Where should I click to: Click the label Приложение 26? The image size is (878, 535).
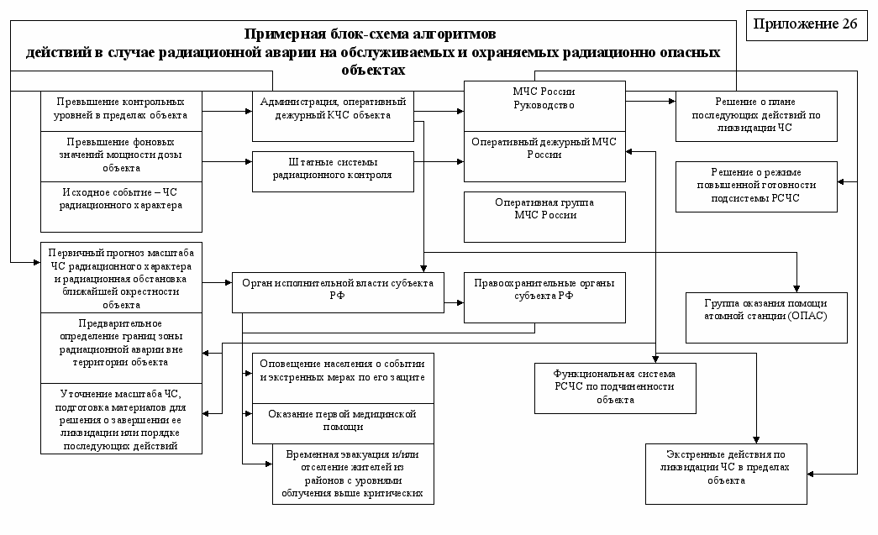pos(806,24)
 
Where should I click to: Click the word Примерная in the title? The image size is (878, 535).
pos(281,35)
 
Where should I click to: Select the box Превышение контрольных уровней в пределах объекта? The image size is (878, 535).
pos(122,109)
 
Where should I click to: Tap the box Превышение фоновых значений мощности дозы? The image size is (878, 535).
pos(122,155)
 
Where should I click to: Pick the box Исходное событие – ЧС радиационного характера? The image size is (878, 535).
pos(122,205)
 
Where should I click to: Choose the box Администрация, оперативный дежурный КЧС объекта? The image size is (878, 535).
pos(334,110)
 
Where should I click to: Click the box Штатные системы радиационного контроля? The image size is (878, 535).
pos(334,170)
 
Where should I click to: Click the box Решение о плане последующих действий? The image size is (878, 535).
pos(756,116)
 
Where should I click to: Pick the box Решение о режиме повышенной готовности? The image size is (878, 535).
pos(756,186)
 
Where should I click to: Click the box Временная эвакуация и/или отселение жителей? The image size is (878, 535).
pos(353,473)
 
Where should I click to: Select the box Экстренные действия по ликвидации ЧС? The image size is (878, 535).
pos(726,473)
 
